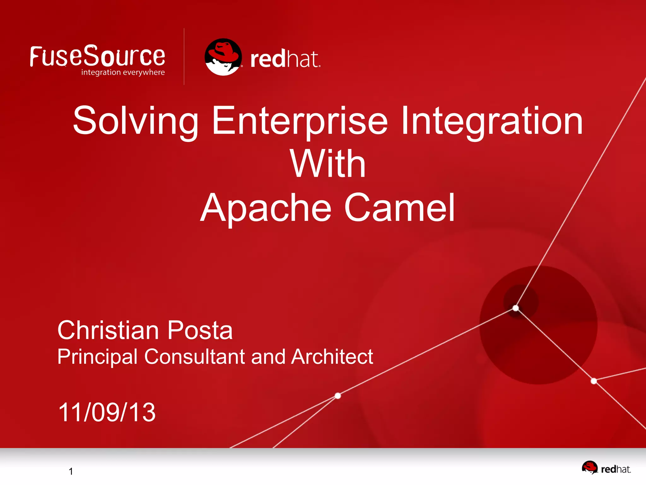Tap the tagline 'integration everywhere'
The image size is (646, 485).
[123, 72]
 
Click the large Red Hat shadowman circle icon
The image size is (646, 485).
[223, 57]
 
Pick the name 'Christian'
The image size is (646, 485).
[108, 330]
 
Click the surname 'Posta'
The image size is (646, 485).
[200, 330]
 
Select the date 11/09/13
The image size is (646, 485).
[107, 412]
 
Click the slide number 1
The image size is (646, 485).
[71, 471]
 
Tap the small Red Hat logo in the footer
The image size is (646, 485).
[606, 468]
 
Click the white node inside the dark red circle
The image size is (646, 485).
[516, 308]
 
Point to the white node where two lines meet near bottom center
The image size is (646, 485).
[338, 396]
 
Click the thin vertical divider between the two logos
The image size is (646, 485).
[184, 57]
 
